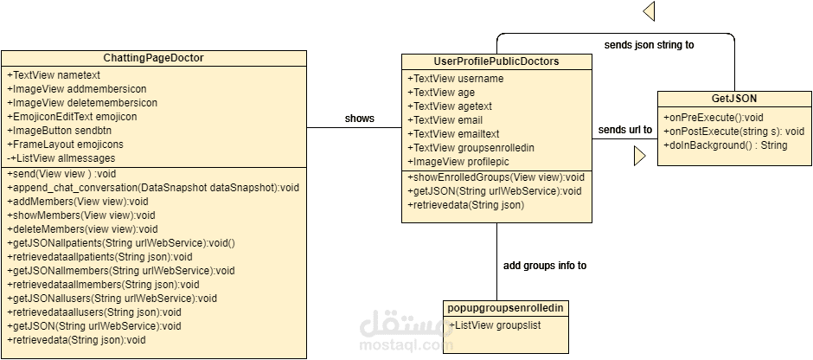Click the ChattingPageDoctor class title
click(153, 58)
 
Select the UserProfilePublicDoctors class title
click(496, 61)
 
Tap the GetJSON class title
click(733, 99)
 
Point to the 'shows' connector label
click(360, 118)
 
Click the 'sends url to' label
click(624, 130)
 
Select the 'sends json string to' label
click(649, 44)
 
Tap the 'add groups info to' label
click(544, 266)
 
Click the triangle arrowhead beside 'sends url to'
click(639, 156)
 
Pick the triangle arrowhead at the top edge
click(649, 10)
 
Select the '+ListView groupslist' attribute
click(495, 325)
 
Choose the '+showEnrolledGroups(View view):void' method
click(496, 177)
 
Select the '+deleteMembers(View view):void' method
click(82, 228)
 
